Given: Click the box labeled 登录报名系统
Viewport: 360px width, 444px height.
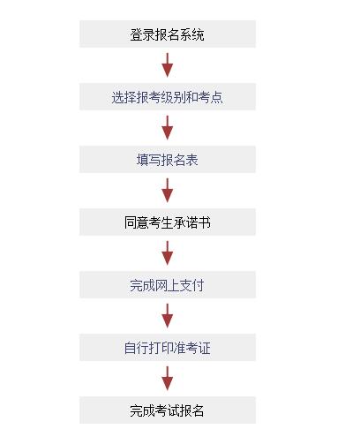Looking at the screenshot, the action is [168, 34].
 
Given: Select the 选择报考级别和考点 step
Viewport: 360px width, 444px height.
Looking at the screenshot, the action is [168, 96].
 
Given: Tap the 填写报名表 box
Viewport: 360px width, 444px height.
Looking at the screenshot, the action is [168, 159].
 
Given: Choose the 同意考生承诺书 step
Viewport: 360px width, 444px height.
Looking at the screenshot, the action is [168, 222].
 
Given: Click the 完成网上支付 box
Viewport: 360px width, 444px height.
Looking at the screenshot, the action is [168, 284].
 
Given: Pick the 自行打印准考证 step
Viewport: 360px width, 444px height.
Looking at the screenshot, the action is [168, 347].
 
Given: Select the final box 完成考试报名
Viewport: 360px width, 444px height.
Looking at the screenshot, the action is [168, 410].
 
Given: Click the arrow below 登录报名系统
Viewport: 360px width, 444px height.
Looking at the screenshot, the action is [168, 65].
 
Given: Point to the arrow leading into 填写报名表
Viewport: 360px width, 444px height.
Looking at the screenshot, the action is [168, 128].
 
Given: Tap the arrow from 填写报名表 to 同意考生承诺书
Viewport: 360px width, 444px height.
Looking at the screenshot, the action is [168, 191].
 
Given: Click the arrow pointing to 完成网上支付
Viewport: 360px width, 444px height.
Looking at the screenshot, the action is [168, 253].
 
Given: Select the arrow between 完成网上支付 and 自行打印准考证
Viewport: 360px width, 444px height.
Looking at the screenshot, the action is [168, 316].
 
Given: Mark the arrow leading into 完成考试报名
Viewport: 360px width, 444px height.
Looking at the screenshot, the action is [168, 379].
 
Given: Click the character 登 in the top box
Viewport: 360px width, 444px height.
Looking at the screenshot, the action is [136, 34].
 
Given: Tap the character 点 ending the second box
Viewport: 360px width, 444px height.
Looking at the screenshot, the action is [217, 97].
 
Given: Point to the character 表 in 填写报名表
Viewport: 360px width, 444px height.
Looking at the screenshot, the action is [192, 160].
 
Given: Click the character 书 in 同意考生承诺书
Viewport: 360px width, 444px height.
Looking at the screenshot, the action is [205, 222].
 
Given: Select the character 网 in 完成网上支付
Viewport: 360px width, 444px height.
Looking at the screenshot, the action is [161, 285].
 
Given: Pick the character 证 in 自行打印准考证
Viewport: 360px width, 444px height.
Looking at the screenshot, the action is [205, 348].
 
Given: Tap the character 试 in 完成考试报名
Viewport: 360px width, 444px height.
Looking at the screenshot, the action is [174, 410].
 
